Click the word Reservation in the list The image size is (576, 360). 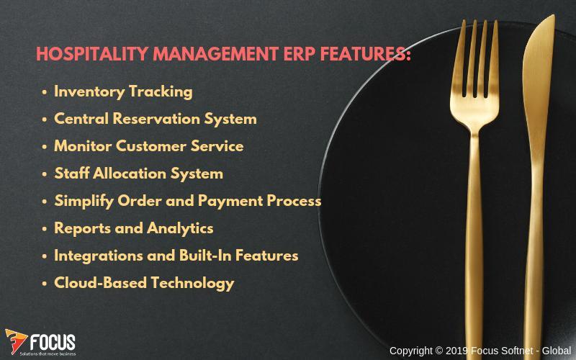click(156, 119)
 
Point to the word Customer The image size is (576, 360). click(151, 146)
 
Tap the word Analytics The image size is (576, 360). click(180, 228)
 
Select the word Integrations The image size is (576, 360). click(99, 256)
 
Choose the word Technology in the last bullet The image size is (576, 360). click(192, 283)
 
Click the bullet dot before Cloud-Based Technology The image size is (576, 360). click(45, 284)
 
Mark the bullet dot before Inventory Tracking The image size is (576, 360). click(45, 92)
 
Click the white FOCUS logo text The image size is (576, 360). click(53, 343)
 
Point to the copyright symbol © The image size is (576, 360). click(439, 351)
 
